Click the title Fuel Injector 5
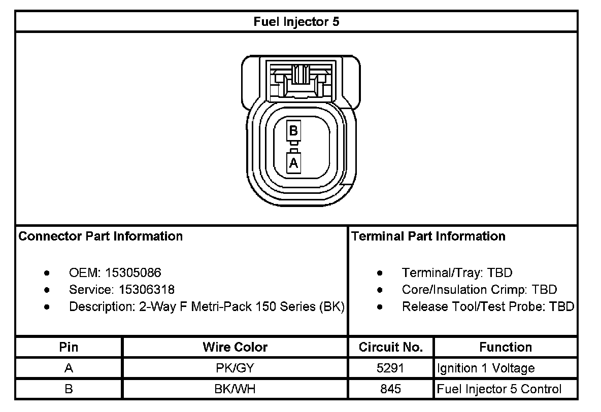(x=296, y=22)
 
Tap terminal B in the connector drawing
(x=293, y=131)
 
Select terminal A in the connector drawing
(x=293, y=163)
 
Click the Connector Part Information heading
(x=101, y=236)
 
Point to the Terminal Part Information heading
(x=428, y=236)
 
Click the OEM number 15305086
(x=133, y=272)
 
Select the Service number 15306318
(x=147, y=290)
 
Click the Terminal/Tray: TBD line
(x=457, y=272)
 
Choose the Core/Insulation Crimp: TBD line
(x=479, y=290)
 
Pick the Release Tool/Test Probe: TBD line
(x=488, y=306)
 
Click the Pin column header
(x=69, y=347)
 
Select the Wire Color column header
(x=235, y=347)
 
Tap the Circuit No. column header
(x=390, y=347)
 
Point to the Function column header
(x=506, y=347)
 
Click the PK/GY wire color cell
(x=235, y=368)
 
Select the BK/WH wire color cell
(x=235, y=389)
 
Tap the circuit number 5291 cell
(x=390, y=368)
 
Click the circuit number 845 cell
(x=390, y=389)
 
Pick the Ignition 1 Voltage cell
(x=486, y=368)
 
